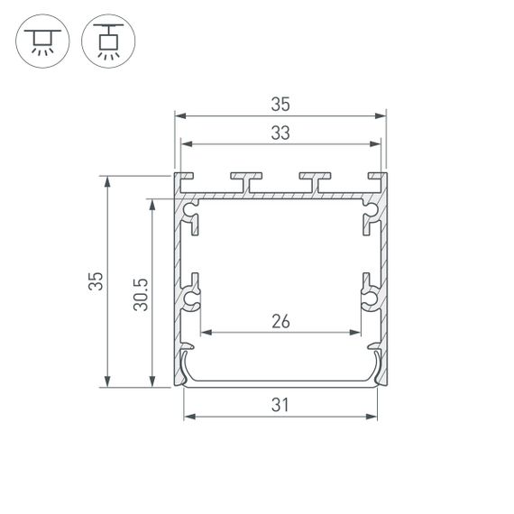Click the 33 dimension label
coord(280,133)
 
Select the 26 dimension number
coord(280,321)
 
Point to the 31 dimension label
coord(280,405)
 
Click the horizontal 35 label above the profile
coord(280,104)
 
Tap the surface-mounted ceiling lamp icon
coord(42,41)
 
